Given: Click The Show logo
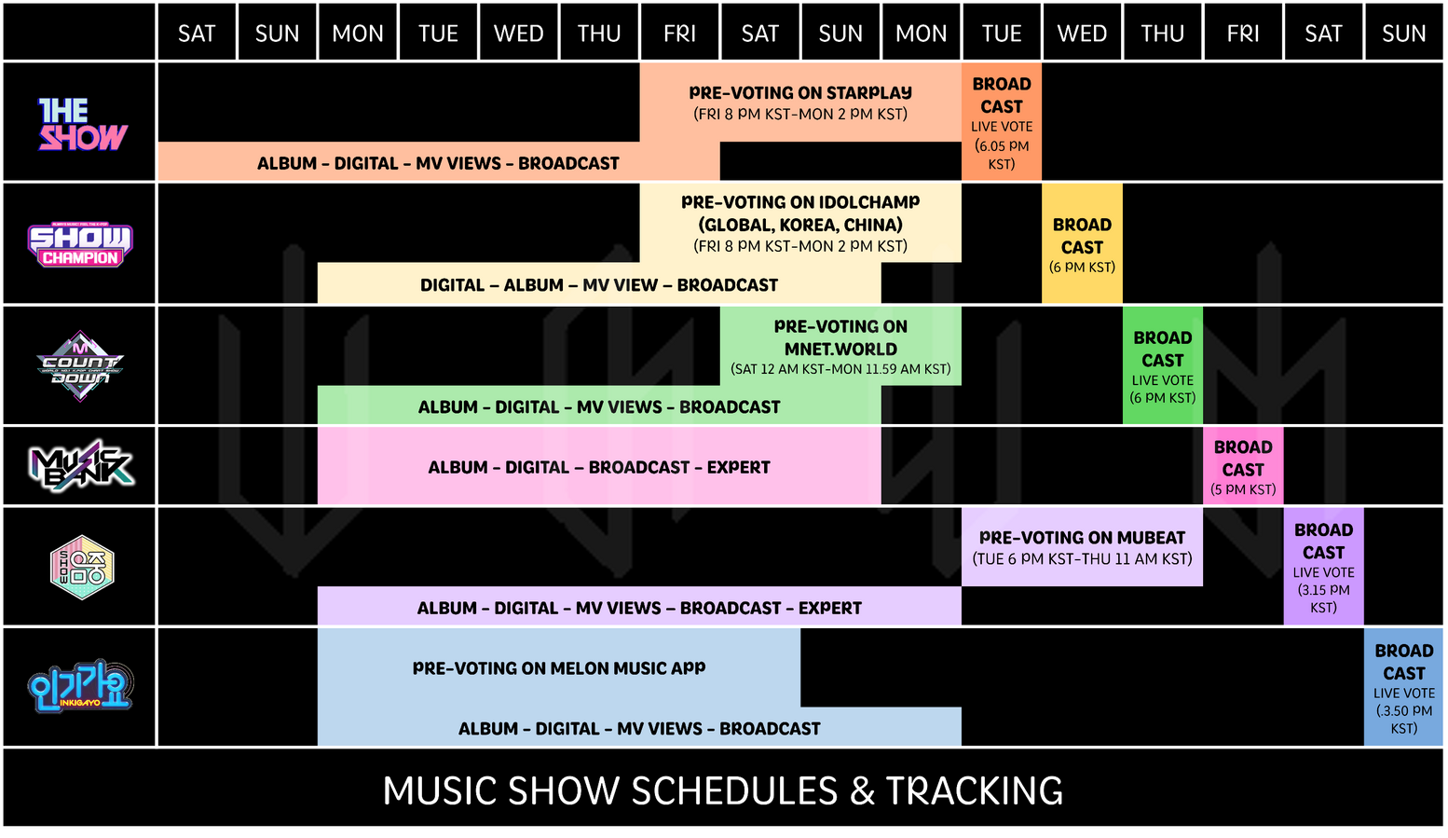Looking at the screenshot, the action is tap(82, 124).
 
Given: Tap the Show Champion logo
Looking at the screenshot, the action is tap(80, 244).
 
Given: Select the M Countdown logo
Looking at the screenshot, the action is tap(80, 366).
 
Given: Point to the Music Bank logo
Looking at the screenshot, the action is tap(81, 465).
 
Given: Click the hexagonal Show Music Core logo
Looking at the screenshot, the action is tap(82, 568).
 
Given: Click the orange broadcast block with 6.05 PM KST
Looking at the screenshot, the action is tap(1002, 121).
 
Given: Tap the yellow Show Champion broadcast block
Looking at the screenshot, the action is tap(1082, 244).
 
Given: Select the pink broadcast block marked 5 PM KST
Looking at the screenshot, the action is tap(1243, 465).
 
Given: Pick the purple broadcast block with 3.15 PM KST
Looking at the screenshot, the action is tap(1323, 567).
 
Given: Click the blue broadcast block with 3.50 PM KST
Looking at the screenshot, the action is tap(1403, 687).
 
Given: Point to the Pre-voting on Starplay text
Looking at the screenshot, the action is tap(800, 93).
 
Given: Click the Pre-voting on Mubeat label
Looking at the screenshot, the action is tap(1082, 538).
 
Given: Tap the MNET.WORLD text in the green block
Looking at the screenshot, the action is tap(840, 350).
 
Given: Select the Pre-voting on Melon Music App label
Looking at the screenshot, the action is tap(559, 668).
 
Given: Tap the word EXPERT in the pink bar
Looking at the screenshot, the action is tap(738, 468).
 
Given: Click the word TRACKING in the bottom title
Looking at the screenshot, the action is tap(974, 790).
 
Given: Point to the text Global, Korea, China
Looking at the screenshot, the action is tap(800, 225).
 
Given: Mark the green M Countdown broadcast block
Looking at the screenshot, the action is tap(1162, 365).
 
